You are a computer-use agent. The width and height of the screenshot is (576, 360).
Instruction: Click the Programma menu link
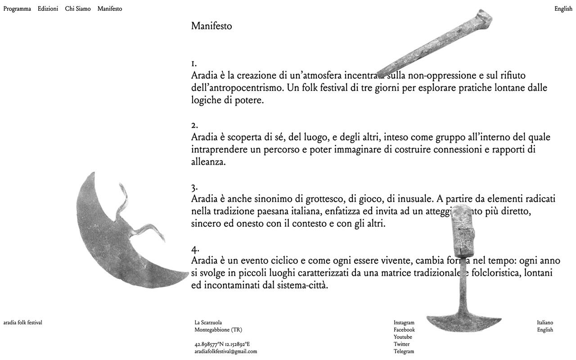pyautogui.click(x=17, y=9)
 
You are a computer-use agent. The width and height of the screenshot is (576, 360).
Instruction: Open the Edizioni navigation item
pyautogui.click(x=48, y=9)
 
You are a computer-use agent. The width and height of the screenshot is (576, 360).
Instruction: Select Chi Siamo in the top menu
pyautogui.click(x=77, y=9)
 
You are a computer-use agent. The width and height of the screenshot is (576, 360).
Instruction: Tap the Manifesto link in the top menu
pyautogui.click(x=109, y=9)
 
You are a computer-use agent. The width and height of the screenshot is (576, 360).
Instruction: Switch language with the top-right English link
pyautogui.click(x=563, y=9)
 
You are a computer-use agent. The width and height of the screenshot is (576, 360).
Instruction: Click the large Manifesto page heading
pyautogui.click(x=211, y=26)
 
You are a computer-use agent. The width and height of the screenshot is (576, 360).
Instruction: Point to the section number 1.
pyautogui.click(x=193, y=63)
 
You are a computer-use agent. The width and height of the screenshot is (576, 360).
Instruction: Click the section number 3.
pyautogui.click(x=194, y=187)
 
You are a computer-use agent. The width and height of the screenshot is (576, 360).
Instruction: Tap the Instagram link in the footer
pyautogui.click(x=404, y=323)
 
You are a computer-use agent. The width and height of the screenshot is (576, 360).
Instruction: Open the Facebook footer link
pyautogui.click(x=404, y=330)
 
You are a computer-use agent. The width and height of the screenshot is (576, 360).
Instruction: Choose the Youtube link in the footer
pyautogui.click(x=403, y=337)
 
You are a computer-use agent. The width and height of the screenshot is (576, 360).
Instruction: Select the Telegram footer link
pyautogui.click(x=404, y=351)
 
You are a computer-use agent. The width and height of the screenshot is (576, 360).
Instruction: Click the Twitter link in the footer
pyautogui.click(x=401, y=344)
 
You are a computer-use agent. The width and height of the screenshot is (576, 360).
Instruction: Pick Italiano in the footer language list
pyautogui.click(x=545, y=323)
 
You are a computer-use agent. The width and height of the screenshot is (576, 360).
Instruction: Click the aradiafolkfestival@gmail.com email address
pyautogui.click(x=225, y=351)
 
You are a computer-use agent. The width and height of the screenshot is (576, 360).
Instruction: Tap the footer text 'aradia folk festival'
pyautogui.click(x=22, y=323)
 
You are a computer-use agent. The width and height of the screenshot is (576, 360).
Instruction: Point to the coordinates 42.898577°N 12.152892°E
pyautogui.click(x=222, y=344)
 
